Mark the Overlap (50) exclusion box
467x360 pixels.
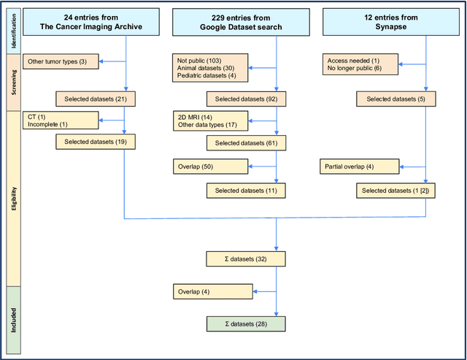(210, 166)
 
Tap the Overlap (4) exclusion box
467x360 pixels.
(210, 291)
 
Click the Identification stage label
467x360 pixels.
(12, 31)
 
